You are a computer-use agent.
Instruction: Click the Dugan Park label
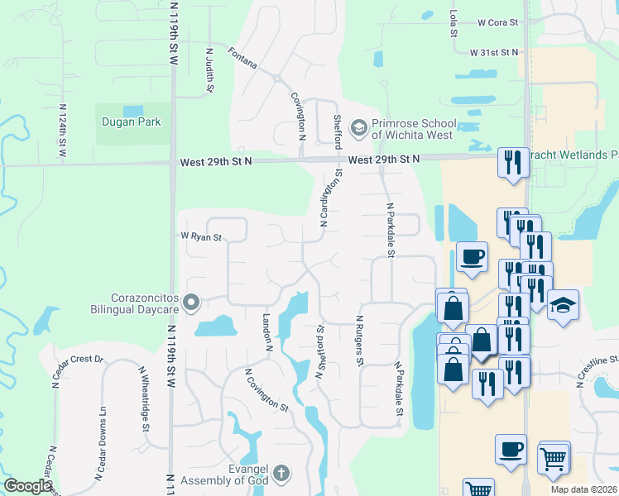131,122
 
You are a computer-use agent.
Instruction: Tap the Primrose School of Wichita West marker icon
358,127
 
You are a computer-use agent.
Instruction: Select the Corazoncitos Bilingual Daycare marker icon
192,303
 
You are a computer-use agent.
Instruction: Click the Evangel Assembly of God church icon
281,473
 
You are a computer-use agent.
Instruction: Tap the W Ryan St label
202,237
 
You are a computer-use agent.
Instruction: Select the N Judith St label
210,69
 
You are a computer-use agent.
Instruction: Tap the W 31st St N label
494,52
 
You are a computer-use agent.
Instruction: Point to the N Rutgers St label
360,340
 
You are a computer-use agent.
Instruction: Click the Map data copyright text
583,489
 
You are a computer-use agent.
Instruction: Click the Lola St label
453,17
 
